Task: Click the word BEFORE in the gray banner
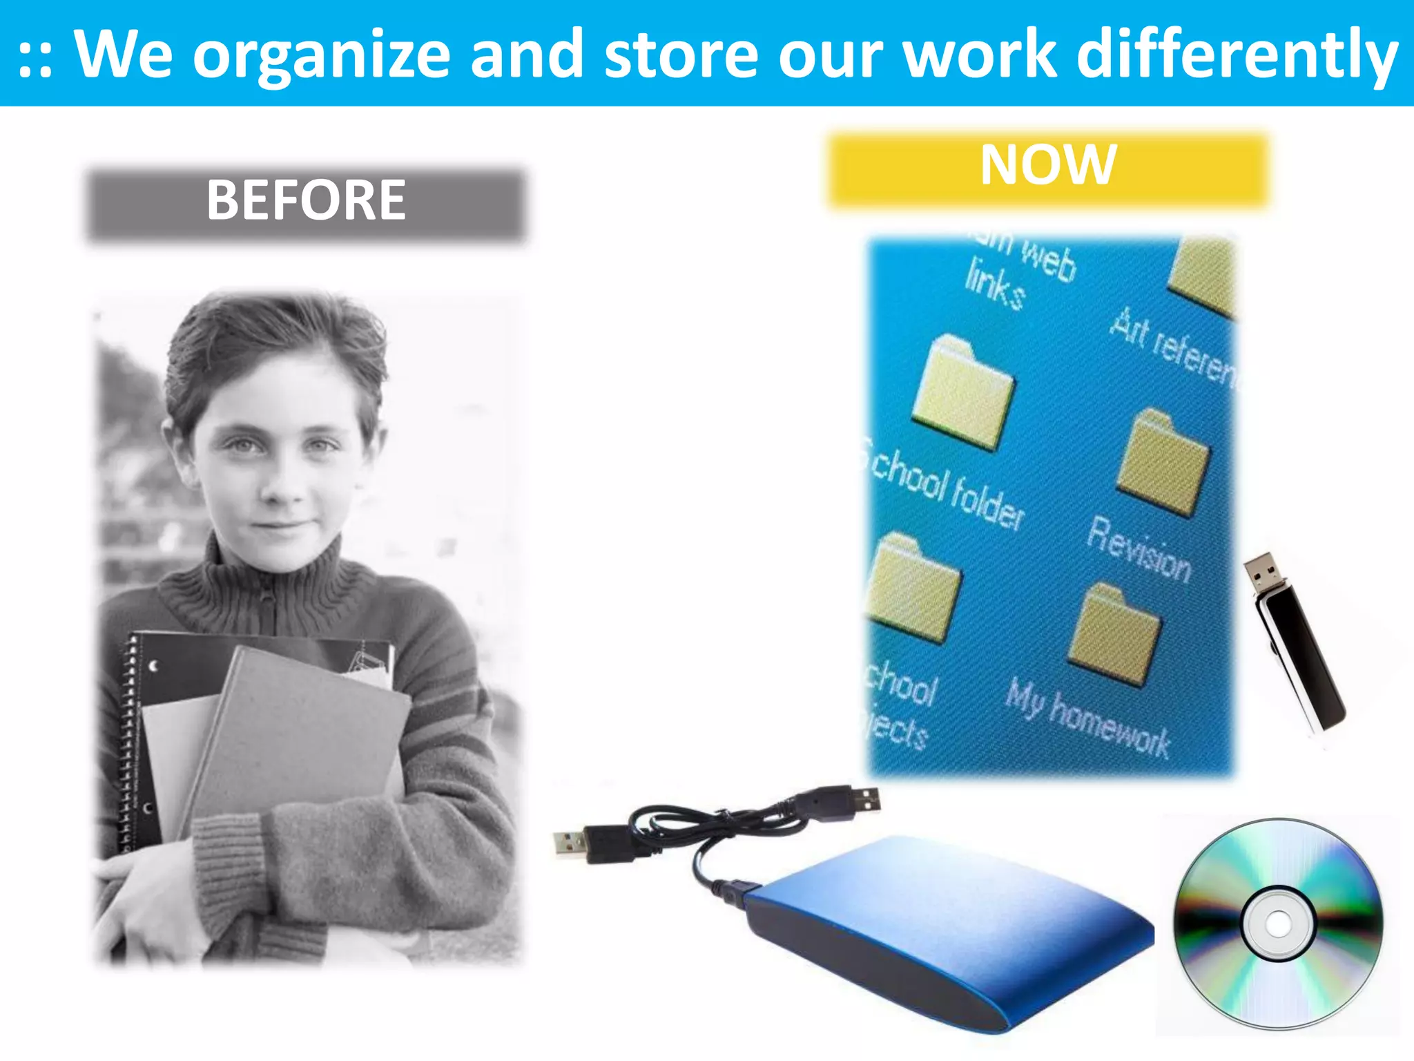pyautogui.click(x=306, y=200)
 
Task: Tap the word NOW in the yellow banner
pyautogui.click(x=1048, y=165)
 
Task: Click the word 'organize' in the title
pyautogui.click(x=321, y=55)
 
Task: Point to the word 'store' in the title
pyautogui.click(x=681, y=55)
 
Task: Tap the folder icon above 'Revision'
pyautogui.click(x=1163, y=463)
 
